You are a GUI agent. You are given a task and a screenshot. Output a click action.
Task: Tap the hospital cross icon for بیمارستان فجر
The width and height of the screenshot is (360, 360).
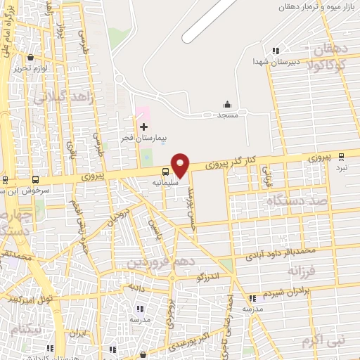144,127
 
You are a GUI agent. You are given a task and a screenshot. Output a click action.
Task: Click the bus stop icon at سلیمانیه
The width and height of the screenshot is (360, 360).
166,171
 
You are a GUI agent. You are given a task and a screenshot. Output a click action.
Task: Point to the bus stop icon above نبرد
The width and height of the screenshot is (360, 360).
342,156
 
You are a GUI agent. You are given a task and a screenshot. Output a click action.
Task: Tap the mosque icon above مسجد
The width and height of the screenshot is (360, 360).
226,105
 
